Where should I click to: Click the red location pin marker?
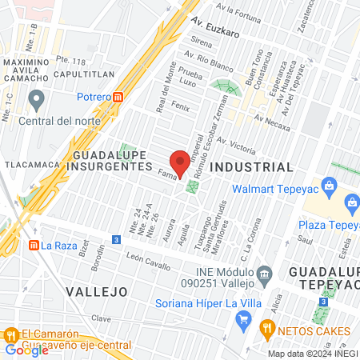coord(180,162)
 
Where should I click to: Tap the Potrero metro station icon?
coord(118,96)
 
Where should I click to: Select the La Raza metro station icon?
coord(34,245)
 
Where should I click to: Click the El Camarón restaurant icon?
coord(10,334)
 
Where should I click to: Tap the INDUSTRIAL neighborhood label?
coord(251,167)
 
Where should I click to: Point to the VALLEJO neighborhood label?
coord(96,290)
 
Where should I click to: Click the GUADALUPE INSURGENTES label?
coord(112,160)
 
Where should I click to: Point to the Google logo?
coord(26,350)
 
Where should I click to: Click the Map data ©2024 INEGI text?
coord(312,354)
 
